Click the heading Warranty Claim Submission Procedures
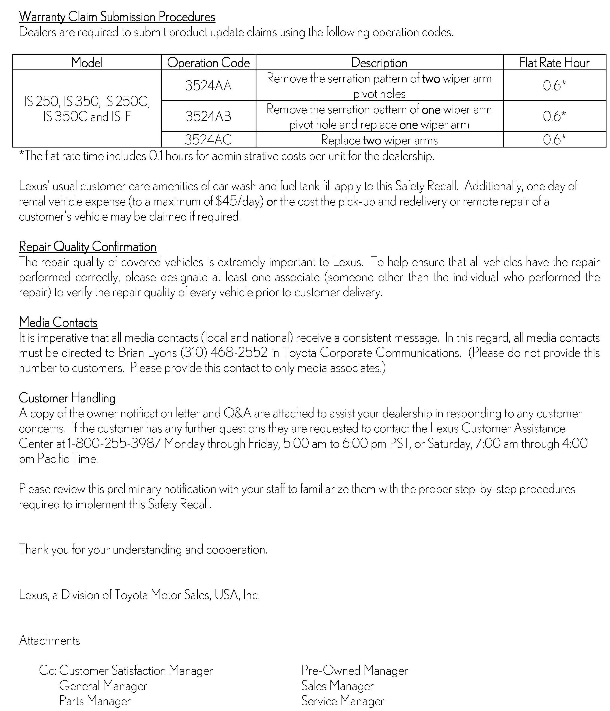tap(117, 17)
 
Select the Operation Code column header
tap(208, 63)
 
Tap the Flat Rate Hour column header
tap(554, 63)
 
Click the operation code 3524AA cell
tap(208, 85)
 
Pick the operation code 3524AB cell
tap(208, 116)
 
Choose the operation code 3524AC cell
tap(208, 140)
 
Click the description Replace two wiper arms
tap(379, 140)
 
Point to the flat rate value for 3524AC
tap(554, 140)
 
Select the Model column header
tap(87, 63)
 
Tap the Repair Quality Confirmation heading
tap(87, 247)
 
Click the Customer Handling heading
tap(67, 398)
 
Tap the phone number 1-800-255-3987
tap(114, 443)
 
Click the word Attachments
tap(50, 640)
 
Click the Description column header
tap(379, 63)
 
